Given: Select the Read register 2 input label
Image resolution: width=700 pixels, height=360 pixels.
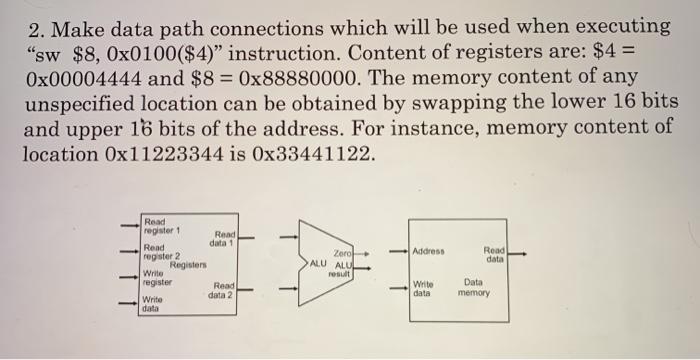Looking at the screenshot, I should click(159, 251).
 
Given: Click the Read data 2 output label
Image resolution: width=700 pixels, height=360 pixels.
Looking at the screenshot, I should click(221, 291).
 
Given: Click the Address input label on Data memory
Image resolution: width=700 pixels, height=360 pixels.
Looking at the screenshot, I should click(434, 252).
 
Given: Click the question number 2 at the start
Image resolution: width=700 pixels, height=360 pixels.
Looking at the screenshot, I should click(34, 25).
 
